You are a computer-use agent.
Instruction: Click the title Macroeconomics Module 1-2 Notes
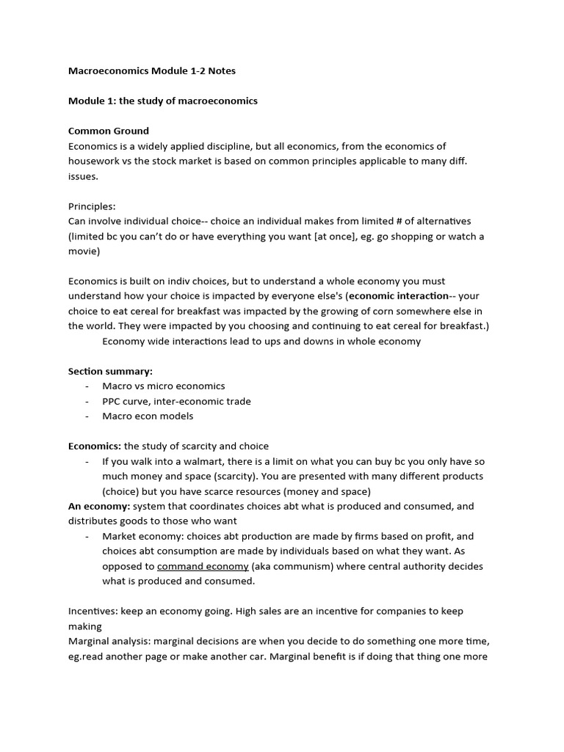point(152,70)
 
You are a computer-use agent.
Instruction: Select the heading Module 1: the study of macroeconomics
point(163,101)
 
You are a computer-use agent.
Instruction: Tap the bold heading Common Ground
point(109,131)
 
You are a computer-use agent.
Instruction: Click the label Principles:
point(92,206)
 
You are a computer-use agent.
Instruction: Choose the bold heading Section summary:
point(110,371)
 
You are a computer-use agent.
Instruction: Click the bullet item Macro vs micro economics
point(164,386)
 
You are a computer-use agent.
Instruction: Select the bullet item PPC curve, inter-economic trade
point(176,401)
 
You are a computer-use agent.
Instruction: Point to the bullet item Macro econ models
point(148,416)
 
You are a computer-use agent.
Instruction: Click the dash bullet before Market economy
point(87,536)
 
